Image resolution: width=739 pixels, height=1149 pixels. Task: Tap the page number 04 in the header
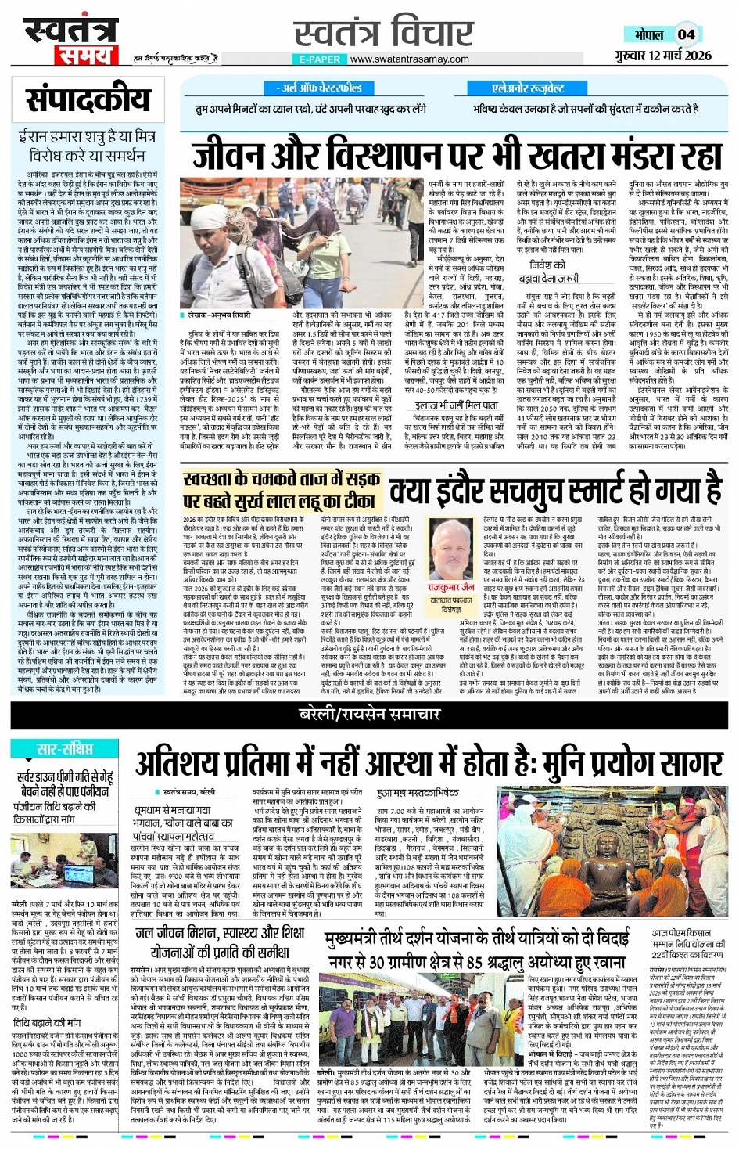pos(686,34)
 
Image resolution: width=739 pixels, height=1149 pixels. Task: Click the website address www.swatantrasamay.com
pos(409,59)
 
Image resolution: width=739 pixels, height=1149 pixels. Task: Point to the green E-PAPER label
pos(319,59)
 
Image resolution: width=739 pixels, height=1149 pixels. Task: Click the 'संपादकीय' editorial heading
pos(87,99)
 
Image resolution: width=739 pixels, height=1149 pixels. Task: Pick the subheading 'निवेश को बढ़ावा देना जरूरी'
pos(554,271)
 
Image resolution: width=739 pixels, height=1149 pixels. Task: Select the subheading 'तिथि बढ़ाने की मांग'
pos(46,1022)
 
